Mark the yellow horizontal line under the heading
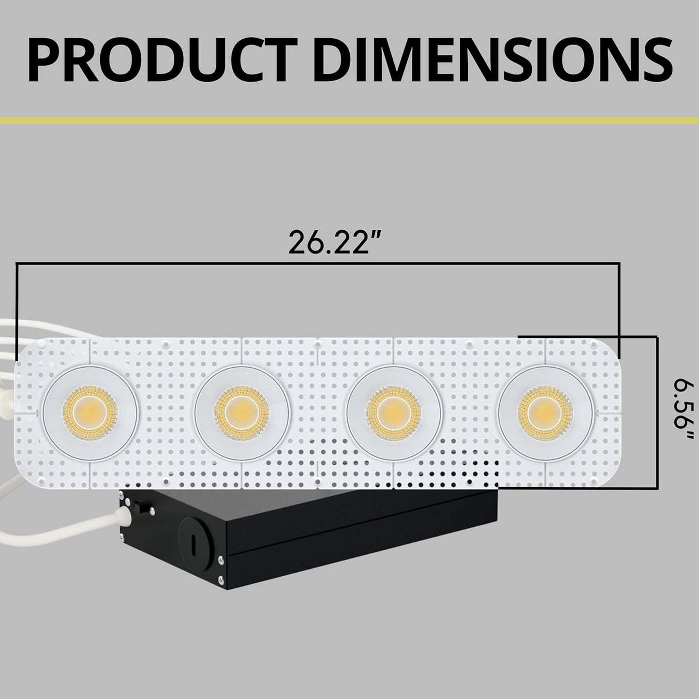pos(349,119)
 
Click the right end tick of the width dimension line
pos(619,310)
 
